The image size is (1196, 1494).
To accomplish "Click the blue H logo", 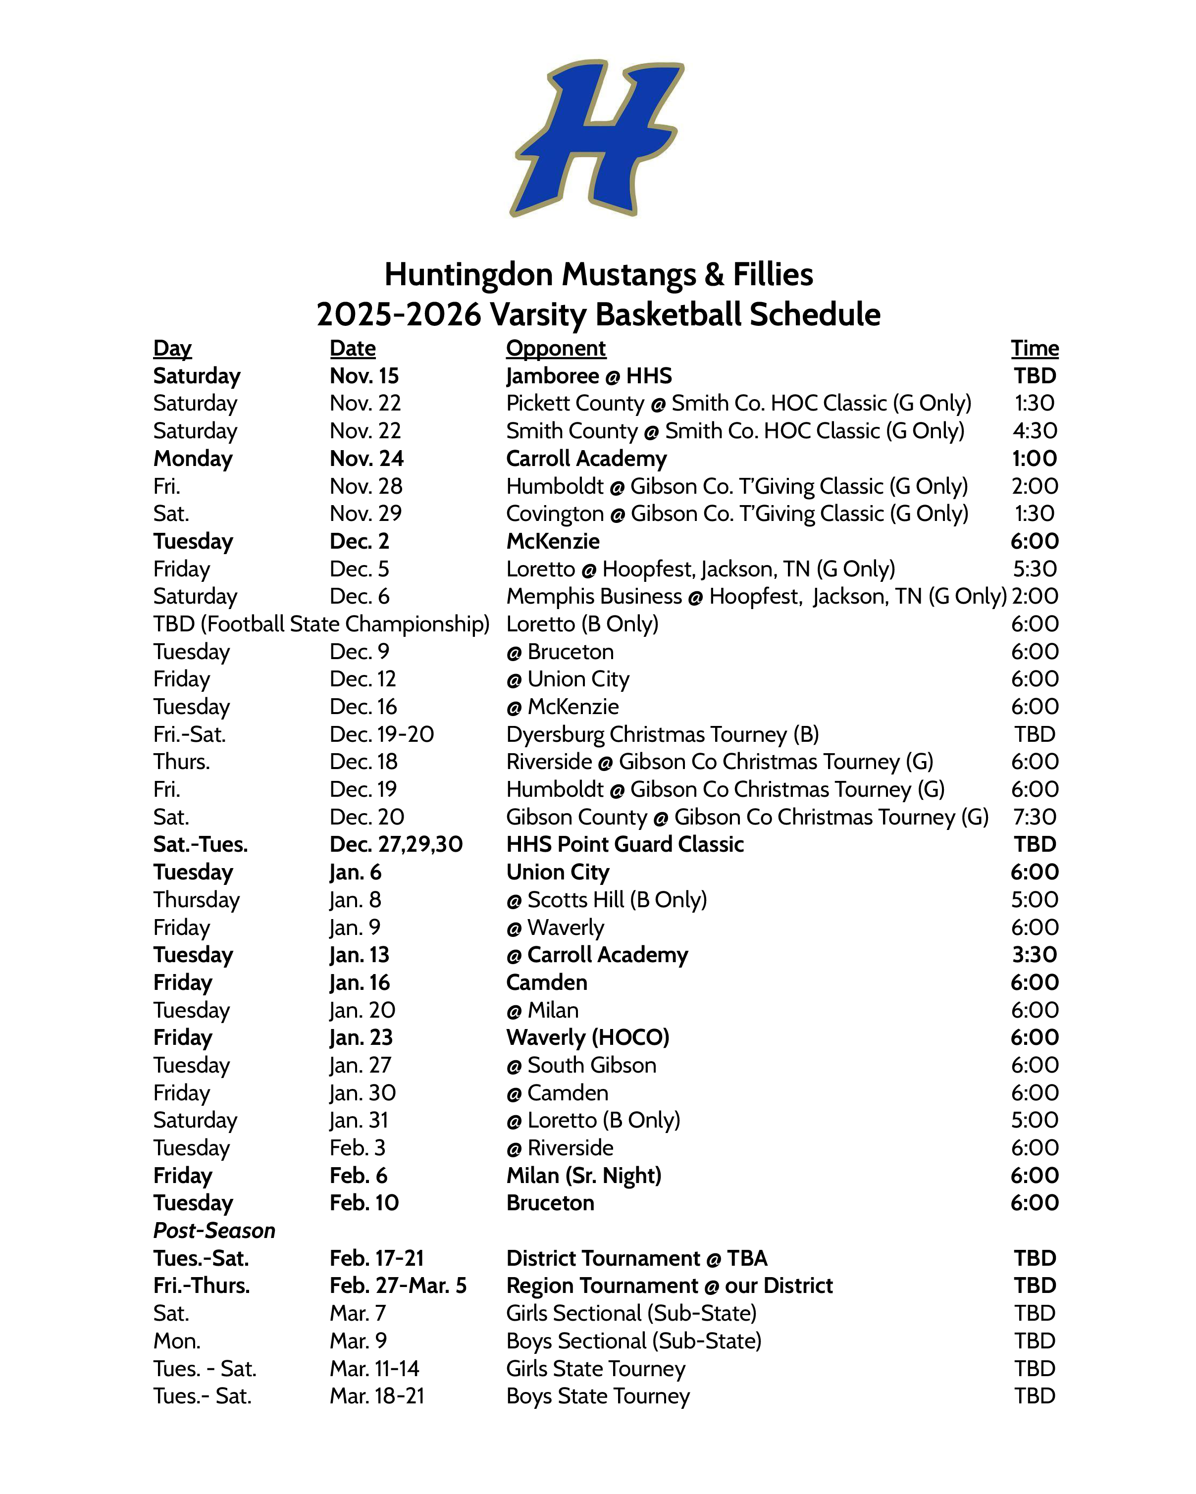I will click(597, 137).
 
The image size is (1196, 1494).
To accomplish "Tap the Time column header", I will click(1034, 348).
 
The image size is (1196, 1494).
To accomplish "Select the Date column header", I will click(352, 348).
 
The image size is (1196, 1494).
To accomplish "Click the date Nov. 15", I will click(364, 375).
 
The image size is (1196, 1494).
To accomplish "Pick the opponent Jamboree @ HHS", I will click(588, 375).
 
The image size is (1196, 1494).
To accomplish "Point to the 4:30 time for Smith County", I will click(1034, 430).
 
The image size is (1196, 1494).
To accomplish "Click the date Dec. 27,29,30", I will click(396, 844).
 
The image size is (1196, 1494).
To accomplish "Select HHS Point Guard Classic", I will click(624, 844).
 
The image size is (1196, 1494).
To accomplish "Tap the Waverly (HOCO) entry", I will click(588, 1037).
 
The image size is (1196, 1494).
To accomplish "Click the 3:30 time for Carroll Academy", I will click(1034, 954).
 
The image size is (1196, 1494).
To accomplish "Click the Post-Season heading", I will click(214, 1230).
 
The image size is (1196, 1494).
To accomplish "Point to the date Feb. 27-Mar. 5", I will click(398, 1286).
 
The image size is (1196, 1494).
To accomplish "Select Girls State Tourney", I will click(595, 1369).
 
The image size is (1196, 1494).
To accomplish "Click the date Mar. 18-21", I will click(376, 1395).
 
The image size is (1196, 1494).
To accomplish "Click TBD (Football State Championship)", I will click(321, 623).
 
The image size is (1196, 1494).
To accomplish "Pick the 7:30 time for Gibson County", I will click(1034, 816).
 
